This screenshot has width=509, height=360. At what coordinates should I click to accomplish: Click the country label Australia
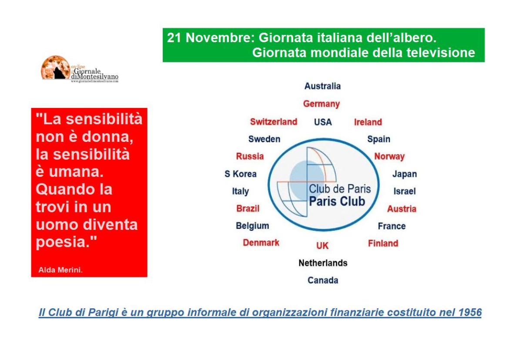322,86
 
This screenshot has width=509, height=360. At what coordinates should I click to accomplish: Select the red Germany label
321,104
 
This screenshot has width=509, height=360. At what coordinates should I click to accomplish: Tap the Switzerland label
273,122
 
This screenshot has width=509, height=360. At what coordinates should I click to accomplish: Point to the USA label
323,122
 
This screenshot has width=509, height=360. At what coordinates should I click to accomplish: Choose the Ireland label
368,122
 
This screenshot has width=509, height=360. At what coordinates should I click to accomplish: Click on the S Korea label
241,174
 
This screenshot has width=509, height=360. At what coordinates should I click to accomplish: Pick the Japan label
405,174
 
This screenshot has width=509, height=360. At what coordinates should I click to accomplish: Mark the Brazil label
248,208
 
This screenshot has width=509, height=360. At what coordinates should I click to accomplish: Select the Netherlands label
323,263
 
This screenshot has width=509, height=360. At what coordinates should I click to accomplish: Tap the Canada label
323,280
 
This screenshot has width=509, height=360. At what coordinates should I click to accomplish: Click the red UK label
322,246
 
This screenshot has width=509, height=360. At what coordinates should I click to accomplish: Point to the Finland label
383,243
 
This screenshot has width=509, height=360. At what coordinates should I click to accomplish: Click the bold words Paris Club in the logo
337,202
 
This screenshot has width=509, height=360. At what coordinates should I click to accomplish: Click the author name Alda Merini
60,270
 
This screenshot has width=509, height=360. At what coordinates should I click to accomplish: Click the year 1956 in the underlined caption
470,312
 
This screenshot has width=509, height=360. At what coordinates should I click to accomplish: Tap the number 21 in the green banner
174,38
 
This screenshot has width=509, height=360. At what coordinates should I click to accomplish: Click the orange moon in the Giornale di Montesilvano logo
55,67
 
